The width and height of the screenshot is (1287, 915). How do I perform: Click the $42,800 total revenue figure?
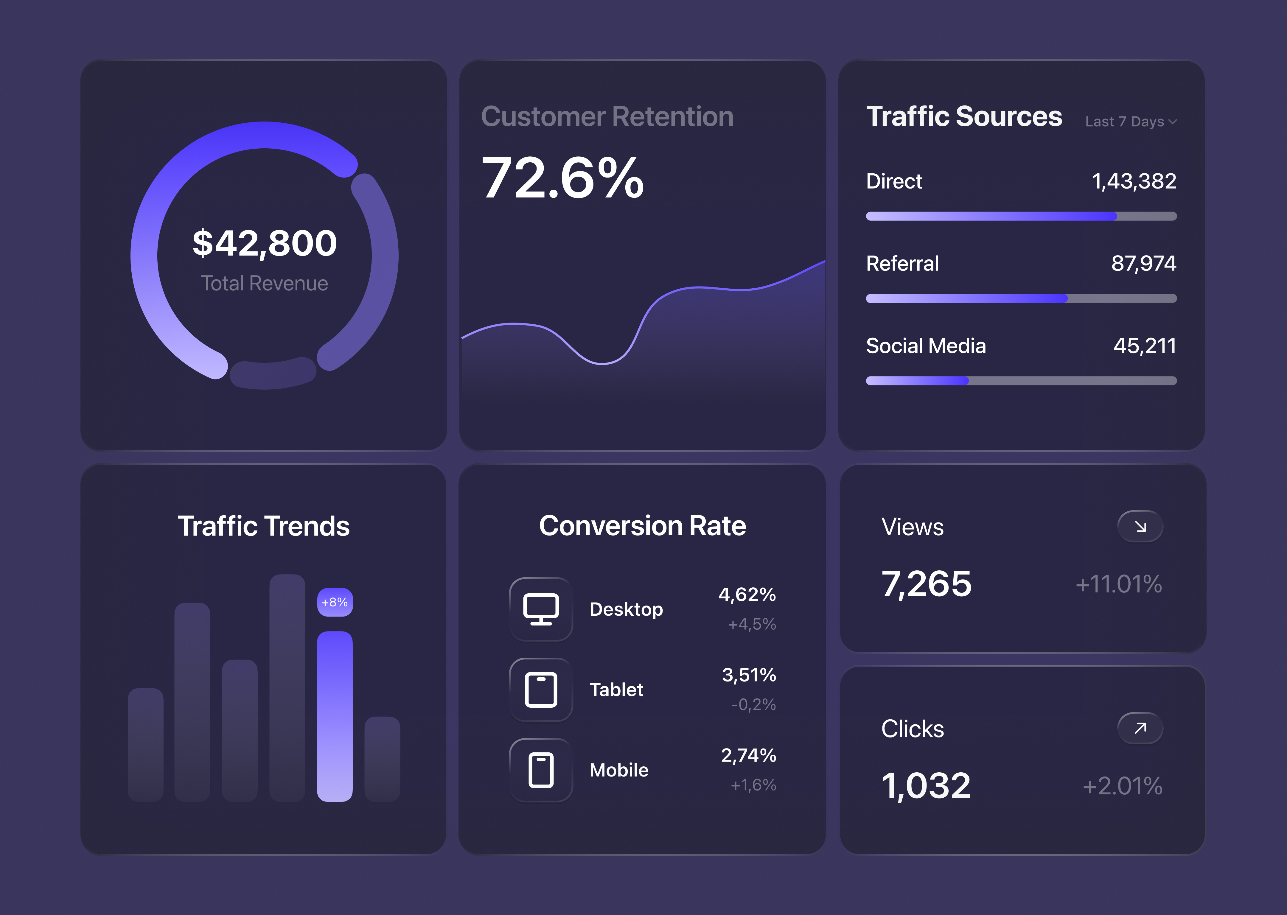(x=264, y=243)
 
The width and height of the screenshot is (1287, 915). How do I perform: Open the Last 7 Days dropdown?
(x=1130, y=122)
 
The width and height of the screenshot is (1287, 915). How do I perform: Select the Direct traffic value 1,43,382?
(x=1134, y=181)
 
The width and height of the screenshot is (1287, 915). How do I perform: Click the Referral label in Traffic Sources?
(x=902, y=264)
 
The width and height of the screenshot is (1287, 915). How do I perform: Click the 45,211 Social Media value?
(x=1144, y=346)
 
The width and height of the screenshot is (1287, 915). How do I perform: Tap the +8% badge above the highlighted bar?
(x=335, y=602)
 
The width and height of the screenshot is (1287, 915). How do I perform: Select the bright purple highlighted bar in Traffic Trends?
(x=335, y=715)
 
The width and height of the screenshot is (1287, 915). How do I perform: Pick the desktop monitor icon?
(x=541, y=609)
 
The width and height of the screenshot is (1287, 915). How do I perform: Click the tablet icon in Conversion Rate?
(x=541, y=690)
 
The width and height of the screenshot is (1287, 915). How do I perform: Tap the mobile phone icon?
(x=541, y=770)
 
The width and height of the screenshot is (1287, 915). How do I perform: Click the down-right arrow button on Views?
(x=1140, y=526)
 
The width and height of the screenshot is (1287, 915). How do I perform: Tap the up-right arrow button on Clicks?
(x=1140, y=728)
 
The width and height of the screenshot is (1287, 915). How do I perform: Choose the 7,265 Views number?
(x=926, y=584)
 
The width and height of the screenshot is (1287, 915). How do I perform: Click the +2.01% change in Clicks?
(x=1122, y=786)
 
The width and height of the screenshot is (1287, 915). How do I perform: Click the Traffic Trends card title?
(x=264, y=526)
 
